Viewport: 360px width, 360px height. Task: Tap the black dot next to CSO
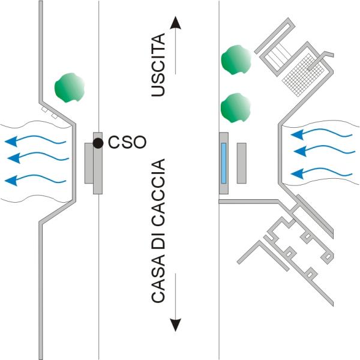pyautogui.click(x=97, y=143)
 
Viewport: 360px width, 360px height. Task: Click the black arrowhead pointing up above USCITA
pyautogui.click(x=175, y=23)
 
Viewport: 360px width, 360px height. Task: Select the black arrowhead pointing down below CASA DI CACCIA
pyautogui.click(x=175, y=325)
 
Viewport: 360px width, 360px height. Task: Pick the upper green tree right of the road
pyautogui.click(x=236, y=61)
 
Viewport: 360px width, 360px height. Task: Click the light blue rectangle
pyautogui.click(x=224, y=163)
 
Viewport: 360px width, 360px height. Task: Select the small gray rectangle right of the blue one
pyautogui.click(x=242, y=163)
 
